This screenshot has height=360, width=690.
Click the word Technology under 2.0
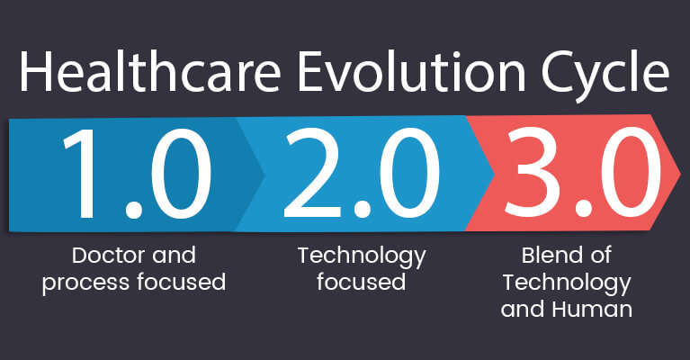362,256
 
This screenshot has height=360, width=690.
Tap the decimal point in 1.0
132,211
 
